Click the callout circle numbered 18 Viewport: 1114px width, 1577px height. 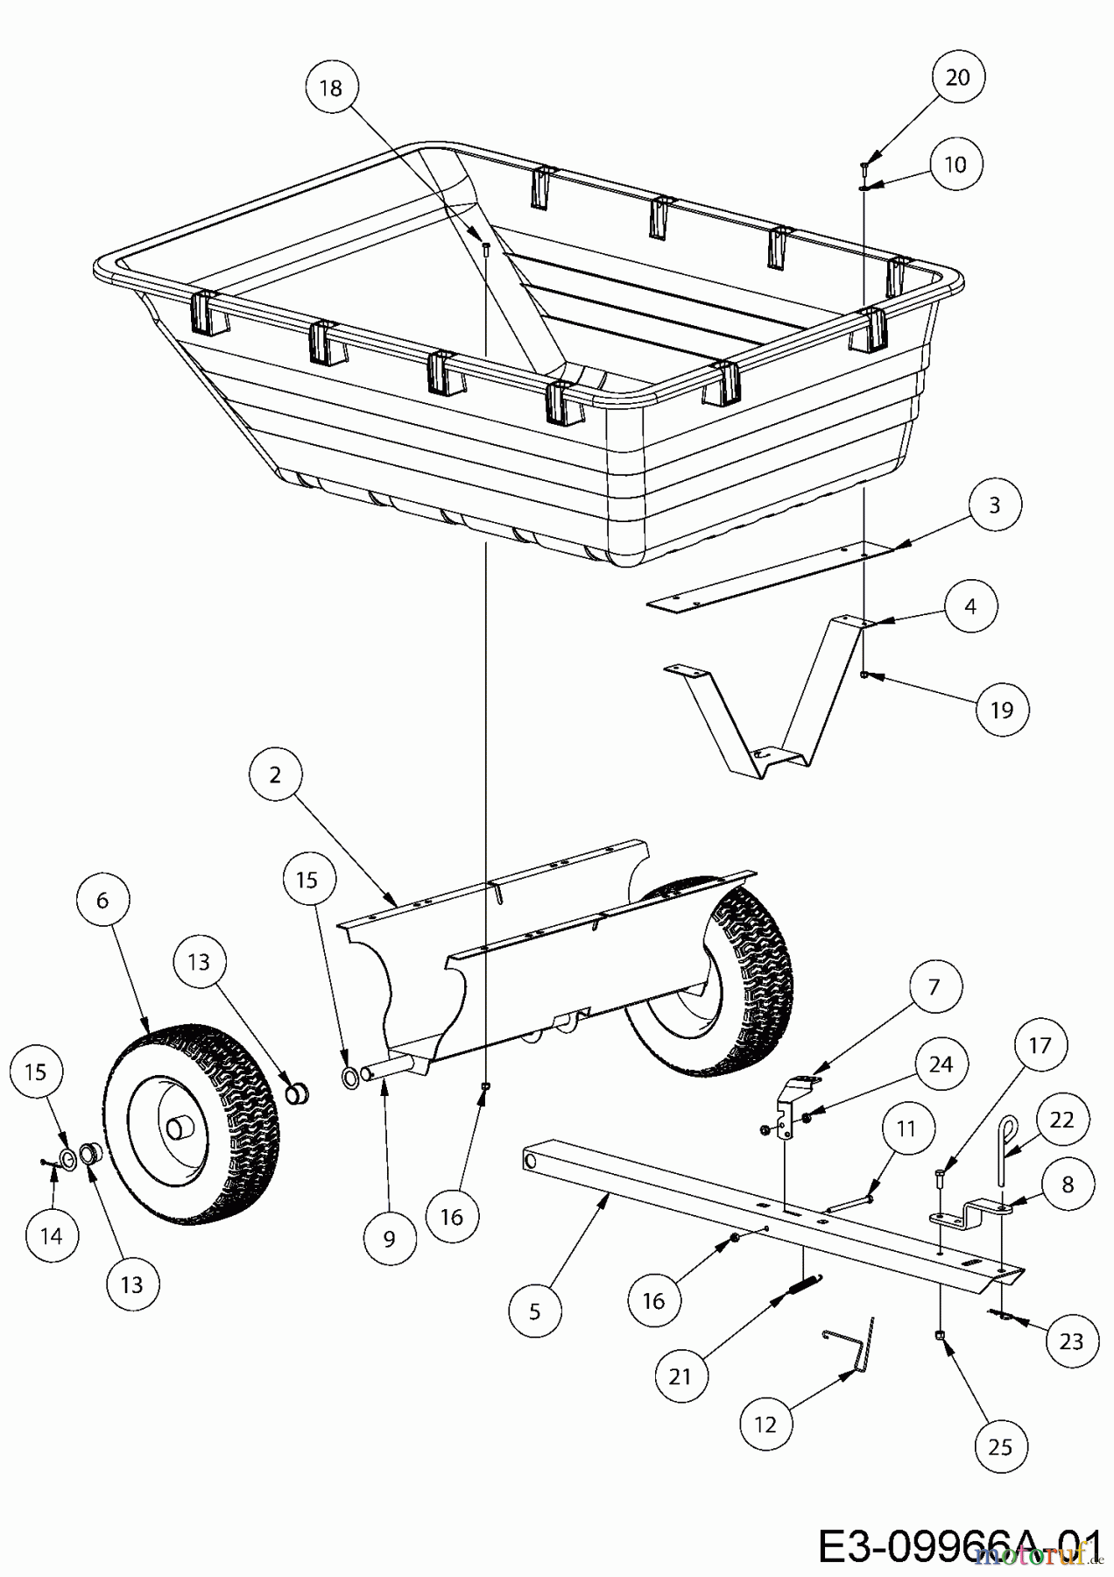(x=332, y=88)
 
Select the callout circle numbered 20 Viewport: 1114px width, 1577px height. (x=957, y=78)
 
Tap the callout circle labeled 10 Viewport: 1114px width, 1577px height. (x=955, y=165)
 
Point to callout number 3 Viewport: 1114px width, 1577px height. (x=994, y=506)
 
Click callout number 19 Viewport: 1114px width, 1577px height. (x=1001, y=710)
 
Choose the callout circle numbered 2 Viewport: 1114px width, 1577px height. (x=275, y=775)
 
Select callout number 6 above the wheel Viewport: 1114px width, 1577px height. (x=102, y=901)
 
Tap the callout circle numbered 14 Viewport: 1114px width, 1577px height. (x=52, y=1236)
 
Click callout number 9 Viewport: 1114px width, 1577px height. (x=390, y=1238)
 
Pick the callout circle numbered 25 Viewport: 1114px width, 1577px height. (x=1000, y=1446)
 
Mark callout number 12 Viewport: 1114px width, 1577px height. (x=765, y=1425)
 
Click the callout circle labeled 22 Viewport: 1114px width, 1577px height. (x=1061, y=1121)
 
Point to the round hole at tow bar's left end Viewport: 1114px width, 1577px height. (x=532, y=1158)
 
